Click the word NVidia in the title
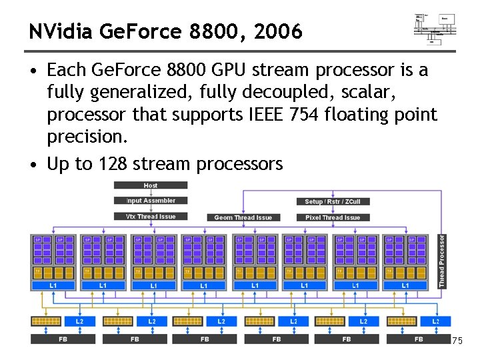point(59,31)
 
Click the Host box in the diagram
point(151,185)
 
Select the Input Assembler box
point(151,200)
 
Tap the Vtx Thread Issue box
point(151,216)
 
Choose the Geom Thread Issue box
point(243,217)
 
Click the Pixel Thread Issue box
point(333,217)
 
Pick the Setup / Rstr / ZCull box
point(333,201)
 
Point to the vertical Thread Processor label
point(441,261)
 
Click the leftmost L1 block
point(53,285)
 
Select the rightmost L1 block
point(405,285)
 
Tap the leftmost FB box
point(63,339)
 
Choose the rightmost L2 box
point(435,321)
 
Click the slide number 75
point(457,341)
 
